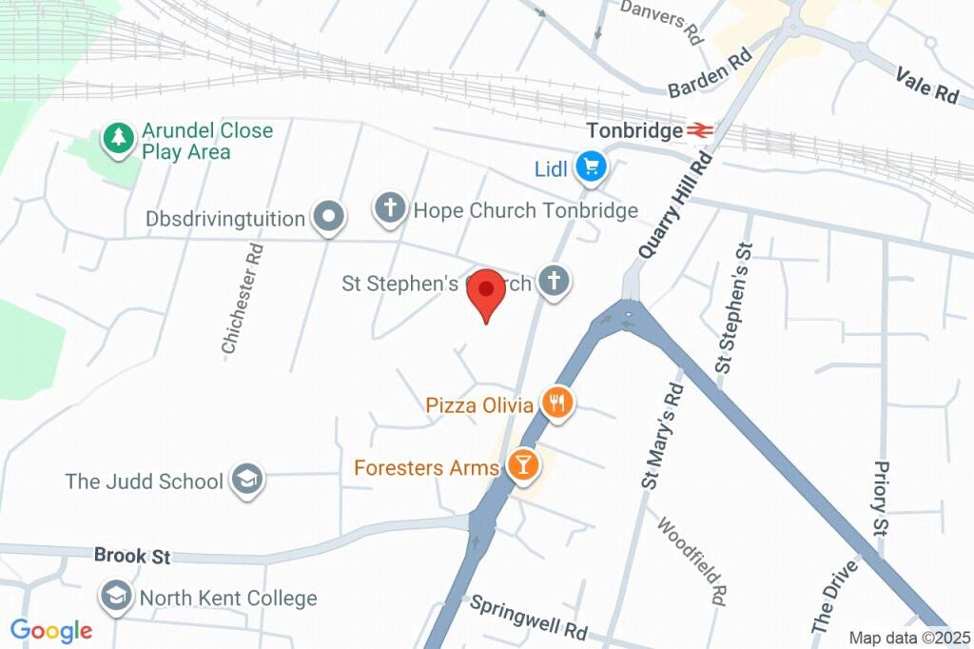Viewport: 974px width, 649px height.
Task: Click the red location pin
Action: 489,290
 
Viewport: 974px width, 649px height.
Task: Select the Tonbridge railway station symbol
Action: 701,130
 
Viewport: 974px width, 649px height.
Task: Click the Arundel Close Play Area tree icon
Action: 118,139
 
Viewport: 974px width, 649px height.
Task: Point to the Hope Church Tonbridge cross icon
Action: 390,208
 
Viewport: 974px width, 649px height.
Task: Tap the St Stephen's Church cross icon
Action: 554,281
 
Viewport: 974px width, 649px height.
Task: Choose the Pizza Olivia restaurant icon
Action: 556,403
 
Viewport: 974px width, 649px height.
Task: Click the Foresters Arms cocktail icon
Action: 521,465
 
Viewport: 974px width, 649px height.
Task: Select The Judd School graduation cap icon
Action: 248,481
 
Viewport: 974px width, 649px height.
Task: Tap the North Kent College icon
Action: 116,598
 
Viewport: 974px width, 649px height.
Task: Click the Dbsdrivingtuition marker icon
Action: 329,217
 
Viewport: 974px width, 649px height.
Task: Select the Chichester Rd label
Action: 242,299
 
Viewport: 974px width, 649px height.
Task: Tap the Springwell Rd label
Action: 529,618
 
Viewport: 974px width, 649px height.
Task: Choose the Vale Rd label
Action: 927,83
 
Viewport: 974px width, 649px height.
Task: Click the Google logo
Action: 51,630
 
